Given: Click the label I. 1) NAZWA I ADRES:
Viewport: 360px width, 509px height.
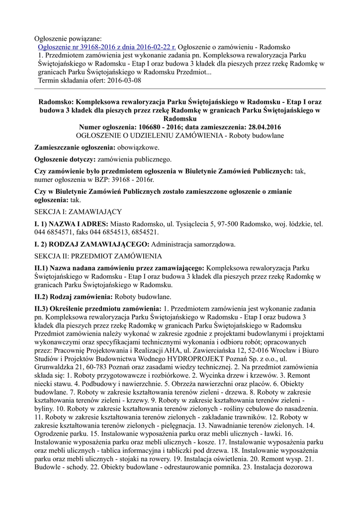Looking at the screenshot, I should coord(71,224).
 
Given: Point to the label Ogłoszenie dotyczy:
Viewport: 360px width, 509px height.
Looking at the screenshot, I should coord(65,160).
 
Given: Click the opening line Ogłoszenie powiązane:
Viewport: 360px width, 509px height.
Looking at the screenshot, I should coord(67,38).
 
